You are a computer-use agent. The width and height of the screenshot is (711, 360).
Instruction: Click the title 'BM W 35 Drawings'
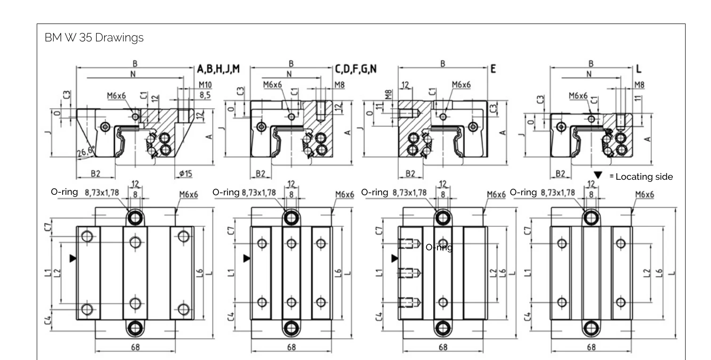click(x=94, y=38)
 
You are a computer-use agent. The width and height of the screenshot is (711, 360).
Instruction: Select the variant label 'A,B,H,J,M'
click(x=218, y=69)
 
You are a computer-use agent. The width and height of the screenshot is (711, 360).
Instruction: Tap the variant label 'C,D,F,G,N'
click(x=356, y=69)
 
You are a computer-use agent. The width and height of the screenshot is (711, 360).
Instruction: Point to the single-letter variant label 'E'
click(x=493, y=69)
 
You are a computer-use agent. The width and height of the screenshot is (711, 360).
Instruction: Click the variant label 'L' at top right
click(x=638, y=69)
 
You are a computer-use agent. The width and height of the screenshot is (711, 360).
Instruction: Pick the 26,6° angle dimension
click(x=86, y=152)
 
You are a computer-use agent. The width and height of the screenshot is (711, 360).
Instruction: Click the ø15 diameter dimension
click(x=186, y=174)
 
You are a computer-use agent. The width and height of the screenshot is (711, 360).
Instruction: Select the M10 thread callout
click(x=205, y=85)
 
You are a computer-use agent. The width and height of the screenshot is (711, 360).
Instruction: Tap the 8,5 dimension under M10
click(x=205, y=95)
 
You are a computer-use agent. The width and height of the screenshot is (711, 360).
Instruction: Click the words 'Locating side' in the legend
click(x=644, y=176)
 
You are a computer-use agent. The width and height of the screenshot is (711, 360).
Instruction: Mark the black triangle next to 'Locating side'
click(x=598, y=175)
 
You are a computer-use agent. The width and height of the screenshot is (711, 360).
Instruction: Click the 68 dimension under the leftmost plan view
click(x=135, y=347)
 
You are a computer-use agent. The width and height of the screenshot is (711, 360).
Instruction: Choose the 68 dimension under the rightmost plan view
click(x=591, y=347)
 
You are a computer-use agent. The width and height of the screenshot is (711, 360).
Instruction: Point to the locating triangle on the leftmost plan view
click(x=73, y=258)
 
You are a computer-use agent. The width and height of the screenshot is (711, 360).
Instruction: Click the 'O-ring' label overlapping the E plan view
click(x=439, y=248)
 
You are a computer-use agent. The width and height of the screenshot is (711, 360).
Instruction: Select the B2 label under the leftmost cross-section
click(x=96, y=174)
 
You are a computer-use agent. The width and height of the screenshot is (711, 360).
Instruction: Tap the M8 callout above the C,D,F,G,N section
click(x=339, y=85)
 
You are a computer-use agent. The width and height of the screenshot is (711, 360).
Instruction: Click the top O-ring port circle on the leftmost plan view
click(x=135, y=218)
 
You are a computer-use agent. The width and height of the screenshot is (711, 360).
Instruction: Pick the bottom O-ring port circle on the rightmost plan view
click(x=591, y=328)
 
